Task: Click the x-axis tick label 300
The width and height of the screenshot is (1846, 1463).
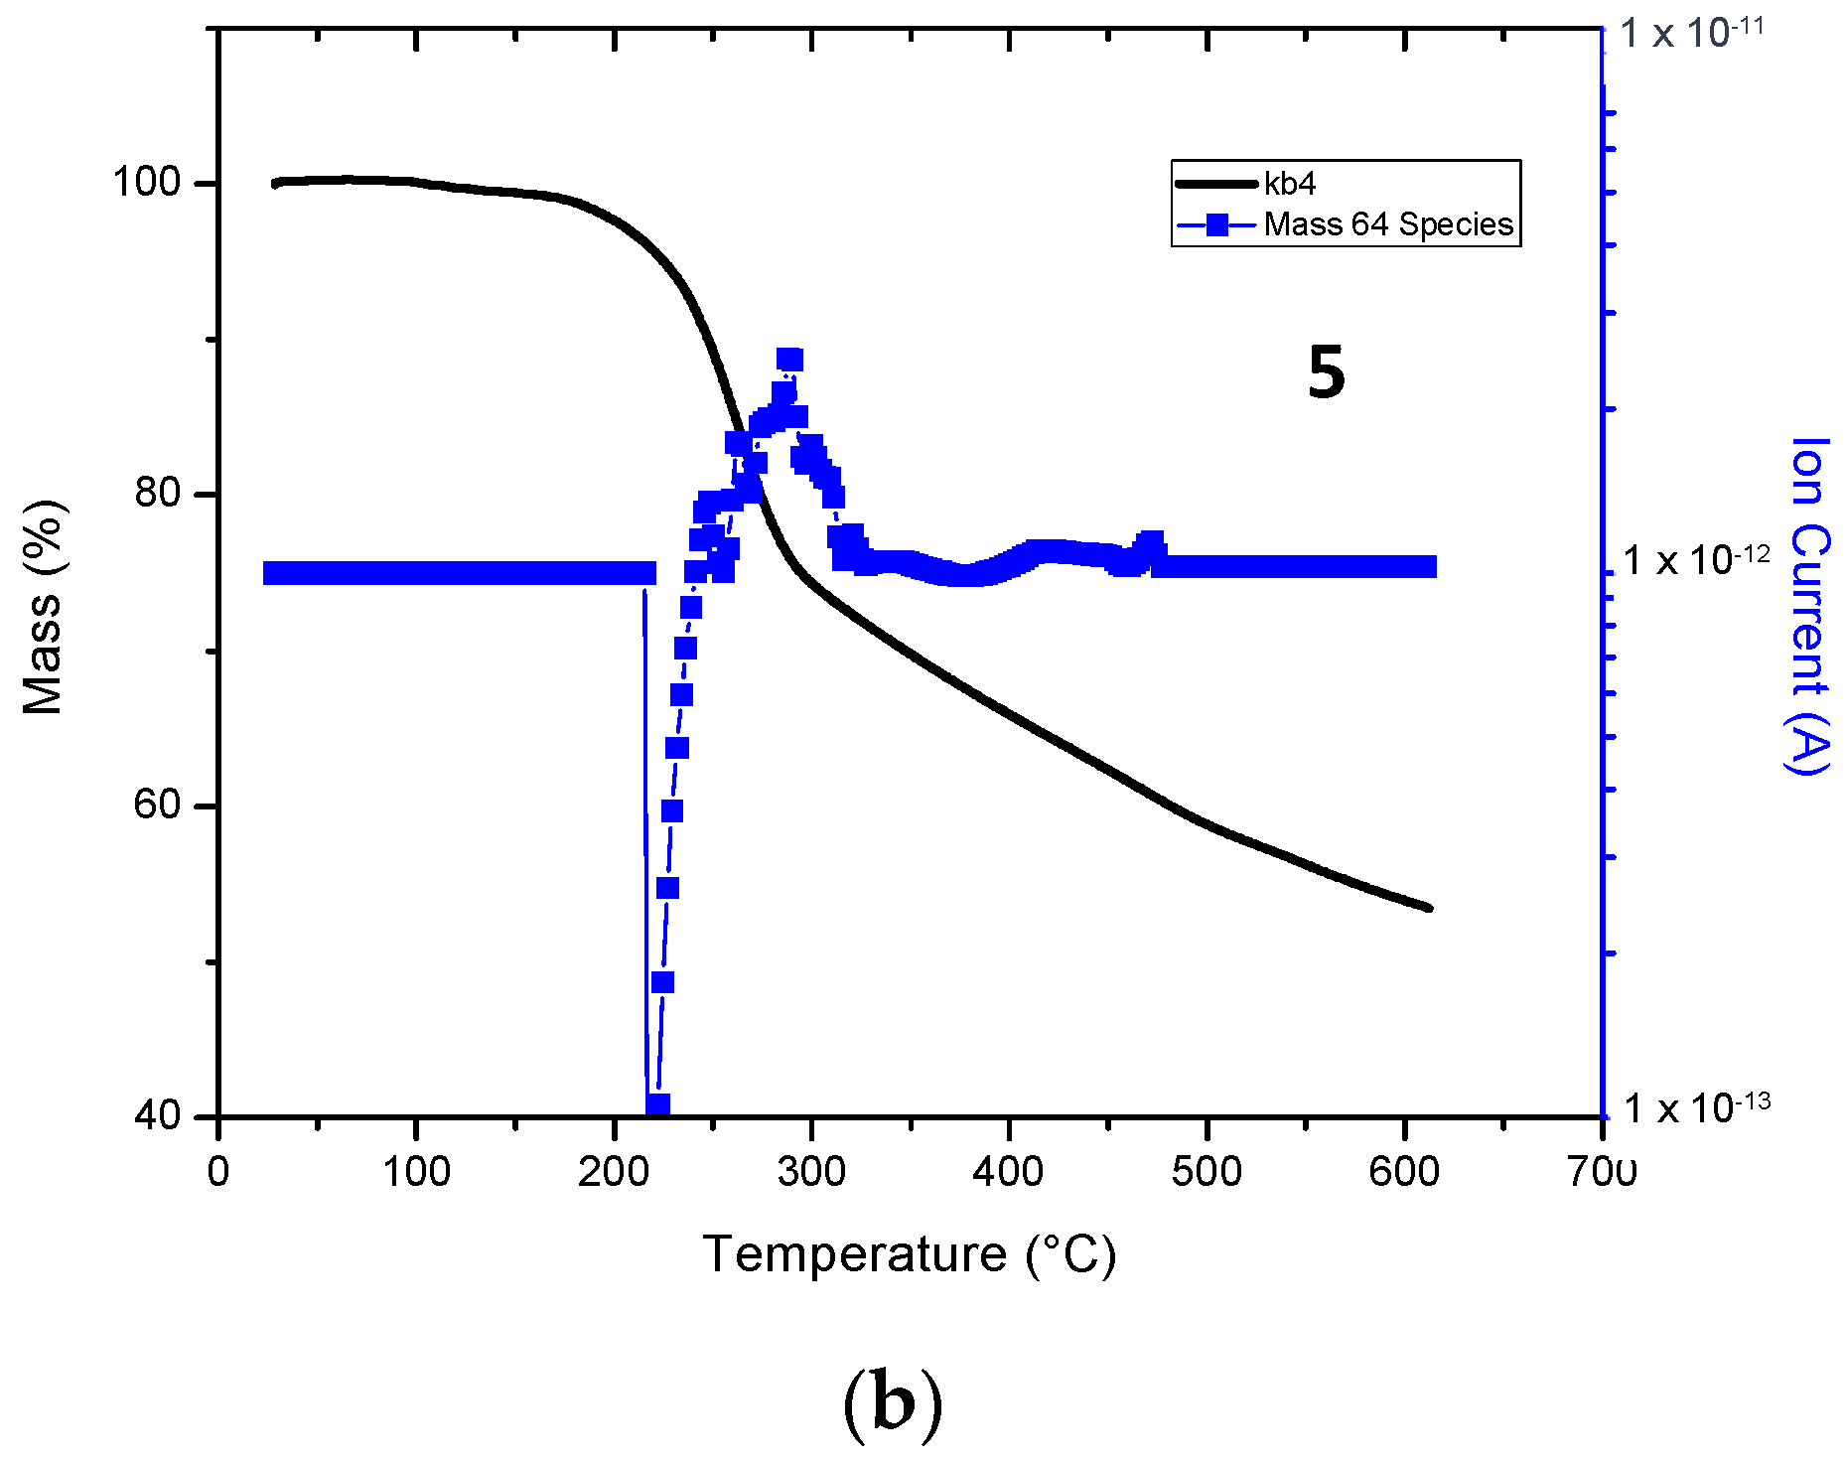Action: [x=811, y=1172]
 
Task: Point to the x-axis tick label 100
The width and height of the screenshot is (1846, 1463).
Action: [x=415, y=1172]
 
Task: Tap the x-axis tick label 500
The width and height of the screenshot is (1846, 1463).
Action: [x=1207, y=1172]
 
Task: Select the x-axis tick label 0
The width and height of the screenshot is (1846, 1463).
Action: [x=218, y=1172]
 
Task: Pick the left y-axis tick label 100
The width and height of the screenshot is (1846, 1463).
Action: [x=146, y=183]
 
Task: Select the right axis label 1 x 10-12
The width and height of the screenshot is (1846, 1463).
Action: [x=1696, y=559]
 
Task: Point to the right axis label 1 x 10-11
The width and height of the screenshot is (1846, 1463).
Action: [x=1692, y=32]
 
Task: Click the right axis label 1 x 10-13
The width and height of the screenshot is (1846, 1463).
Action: [x=1696, y=1105]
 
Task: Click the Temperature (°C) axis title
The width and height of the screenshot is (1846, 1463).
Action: [x=910, y=1254]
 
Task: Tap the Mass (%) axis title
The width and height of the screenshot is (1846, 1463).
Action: [x=45, y=608]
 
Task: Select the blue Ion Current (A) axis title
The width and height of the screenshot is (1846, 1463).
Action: [x=1809, y=606]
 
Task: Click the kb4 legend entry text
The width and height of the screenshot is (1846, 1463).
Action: [x=1290, y=184]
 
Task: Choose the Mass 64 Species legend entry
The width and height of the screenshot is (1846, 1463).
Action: [x=1387, y=224]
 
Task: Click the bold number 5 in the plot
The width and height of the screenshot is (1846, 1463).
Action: [x=1326, y=373]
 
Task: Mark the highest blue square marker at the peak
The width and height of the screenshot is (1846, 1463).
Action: [x=789, y=360]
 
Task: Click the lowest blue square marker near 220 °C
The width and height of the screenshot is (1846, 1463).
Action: [x=657, y=1105]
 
